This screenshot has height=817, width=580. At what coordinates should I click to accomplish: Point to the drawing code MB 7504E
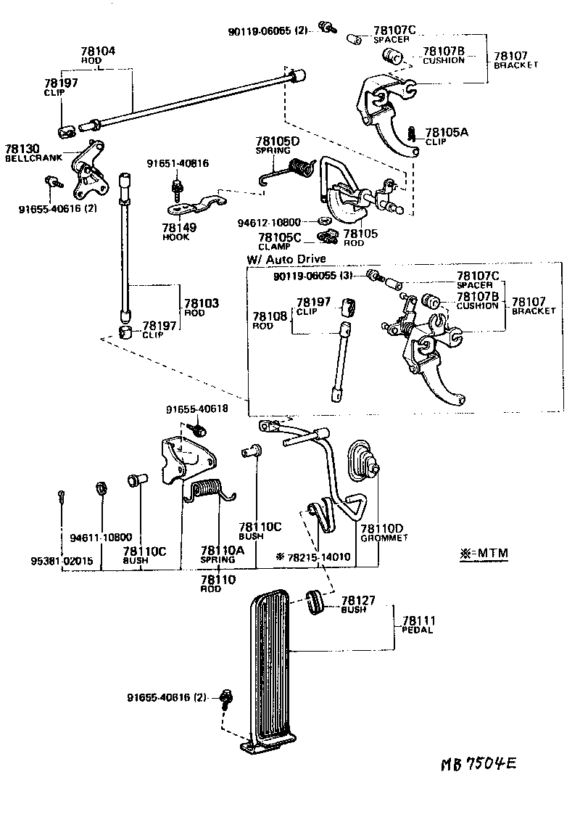(481, 765)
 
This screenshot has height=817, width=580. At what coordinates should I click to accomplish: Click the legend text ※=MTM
(484, 554)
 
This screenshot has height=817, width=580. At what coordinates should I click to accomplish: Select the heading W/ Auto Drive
(286, 258)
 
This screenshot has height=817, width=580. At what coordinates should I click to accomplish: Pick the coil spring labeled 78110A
(211, 490)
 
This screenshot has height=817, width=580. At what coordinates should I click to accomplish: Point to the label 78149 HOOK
(176, 231)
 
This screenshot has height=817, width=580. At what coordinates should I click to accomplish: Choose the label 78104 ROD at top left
(97, 56)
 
